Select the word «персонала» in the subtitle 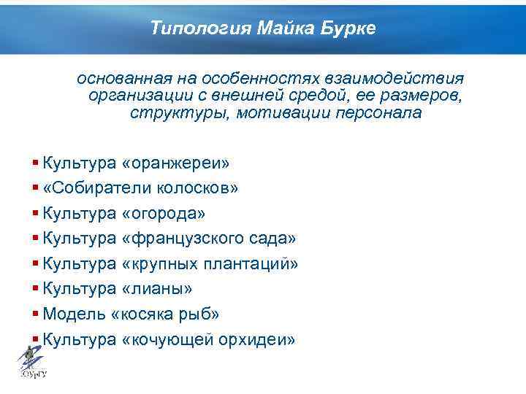tap(378, 113)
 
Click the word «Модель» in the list tap(72, 314)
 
